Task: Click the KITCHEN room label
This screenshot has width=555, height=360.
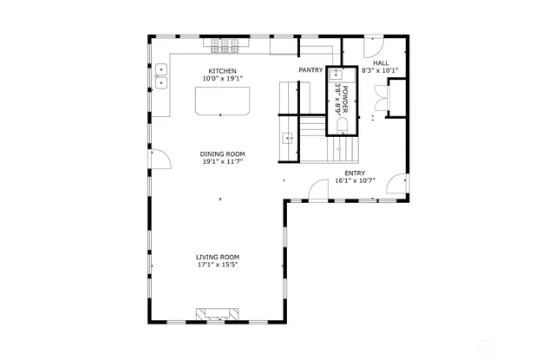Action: point(222,71)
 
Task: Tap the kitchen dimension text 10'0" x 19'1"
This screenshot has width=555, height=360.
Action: point(222,79)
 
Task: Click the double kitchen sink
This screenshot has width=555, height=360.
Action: point(161,76)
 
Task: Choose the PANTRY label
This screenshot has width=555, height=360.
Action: point(311,70)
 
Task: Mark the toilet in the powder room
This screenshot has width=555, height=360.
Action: point(340,127)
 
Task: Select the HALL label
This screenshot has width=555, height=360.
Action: point(381,63)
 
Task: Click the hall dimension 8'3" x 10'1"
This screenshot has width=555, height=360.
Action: point(381,71)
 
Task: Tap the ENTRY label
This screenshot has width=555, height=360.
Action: point(355,173)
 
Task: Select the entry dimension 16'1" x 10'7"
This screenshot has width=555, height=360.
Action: point(355,181)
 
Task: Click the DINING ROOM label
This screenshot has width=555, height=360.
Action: point(223,154)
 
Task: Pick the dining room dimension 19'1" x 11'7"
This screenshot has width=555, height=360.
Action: point(223,161)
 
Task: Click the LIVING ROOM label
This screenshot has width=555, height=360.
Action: point(217,257)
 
